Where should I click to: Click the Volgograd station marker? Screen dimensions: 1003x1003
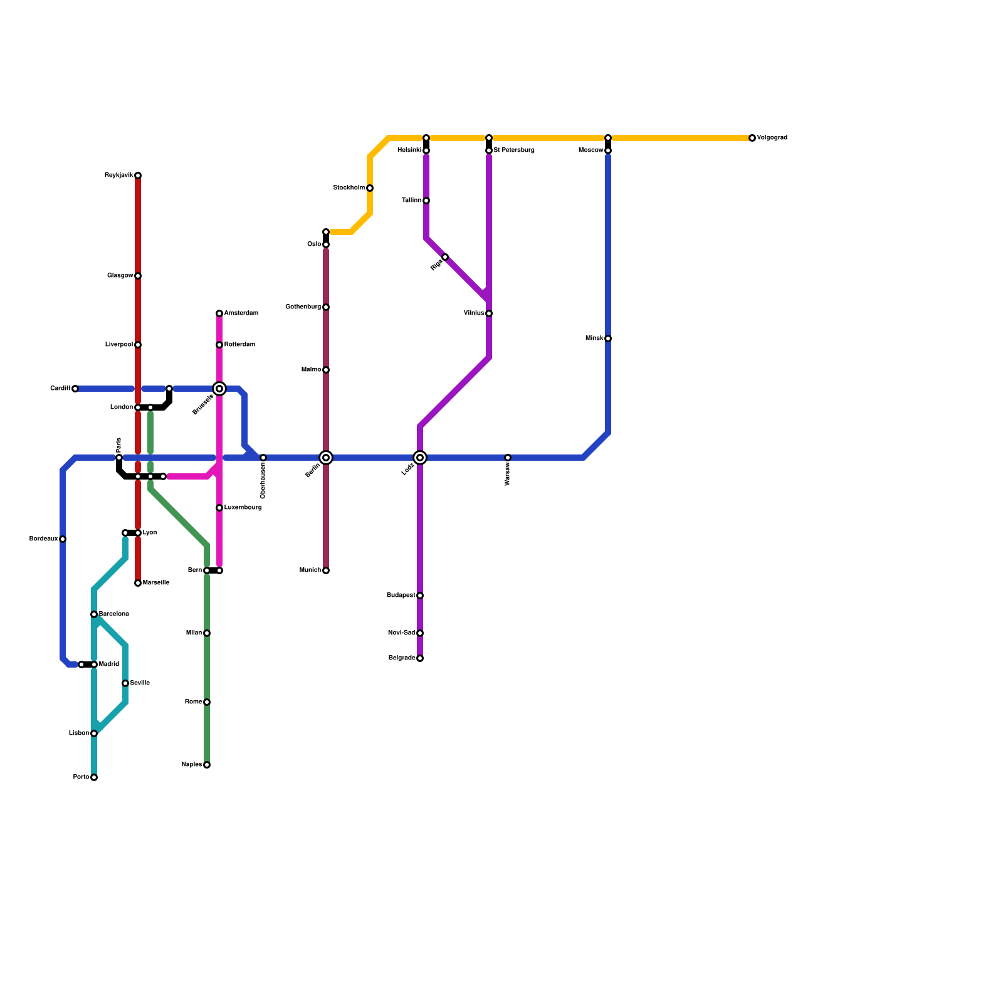pyautogui.click(x=752, y=138)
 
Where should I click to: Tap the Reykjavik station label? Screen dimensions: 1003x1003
pyautogui.click(x=119, y=176)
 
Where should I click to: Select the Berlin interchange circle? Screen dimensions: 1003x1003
pyautogui.click(x=326, y=458)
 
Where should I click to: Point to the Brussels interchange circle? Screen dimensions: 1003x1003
pyautogui.click(x=219, y=389)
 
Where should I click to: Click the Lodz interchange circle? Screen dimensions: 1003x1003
pyautogui.click(x=420, y=458)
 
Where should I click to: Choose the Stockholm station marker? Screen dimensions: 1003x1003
pyautogui.click(x=370, y=188)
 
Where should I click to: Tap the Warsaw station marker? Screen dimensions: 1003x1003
pyautogui.click(x=508, y=458)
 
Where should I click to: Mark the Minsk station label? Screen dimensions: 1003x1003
pyautogui.click(x=594, y=339)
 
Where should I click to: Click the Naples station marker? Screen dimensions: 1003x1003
pyautogui.click(x=207, y=765)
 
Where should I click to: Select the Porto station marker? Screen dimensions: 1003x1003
pyautogui.click(x=94, y=777)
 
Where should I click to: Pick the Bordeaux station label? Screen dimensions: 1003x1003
pyautogui.click(x=44, y=539)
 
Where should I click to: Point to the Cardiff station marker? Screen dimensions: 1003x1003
pyautogui.click(x=75, y=389)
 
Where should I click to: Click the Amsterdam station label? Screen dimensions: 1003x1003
pyautogui.click(x=241, y=313)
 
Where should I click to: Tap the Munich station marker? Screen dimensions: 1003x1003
pyautogui.click(x=326, y=570)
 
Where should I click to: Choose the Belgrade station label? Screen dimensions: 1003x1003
pyautogui.click(x=402, y=658)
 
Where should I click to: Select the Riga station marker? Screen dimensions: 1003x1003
pyautogui.click(x=445, y=257)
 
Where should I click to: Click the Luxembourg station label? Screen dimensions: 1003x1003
pyautogui.click(x=243, y=508)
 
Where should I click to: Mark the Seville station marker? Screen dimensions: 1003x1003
pyautogui.click(x=125, y=683)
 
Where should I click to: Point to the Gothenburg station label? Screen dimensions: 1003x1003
pyautogui.click(x=303, y=307)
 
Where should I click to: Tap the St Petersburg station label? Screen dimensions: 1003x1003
pyautogui.click(x=514, y=150)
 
